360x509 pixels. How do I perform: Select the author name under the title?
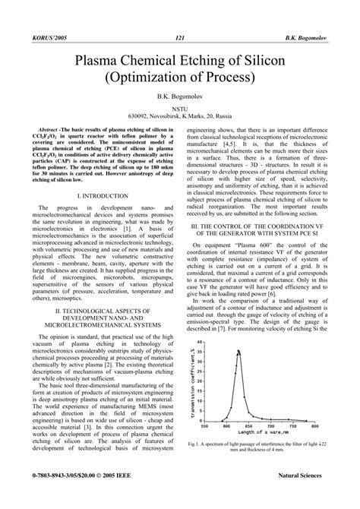(x=180, y=99)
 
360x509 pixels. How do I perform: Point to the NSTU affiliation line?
(x=180, y=111)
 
